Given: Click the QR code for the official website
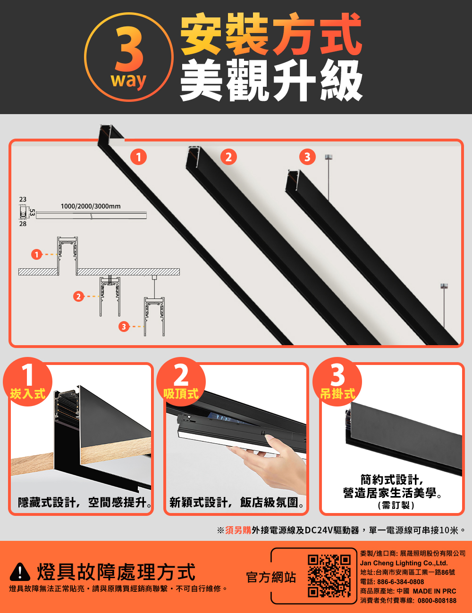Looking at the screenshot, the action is [329, 576].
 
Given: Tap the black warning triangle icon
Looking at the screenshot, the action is [20, 572].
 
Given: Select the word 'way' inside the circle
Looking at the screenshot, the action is [128, 81].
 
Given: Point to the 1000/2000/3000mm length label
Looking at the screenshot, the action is [91, 206].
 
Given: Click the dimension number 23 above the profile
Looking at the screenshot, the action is [23, 199].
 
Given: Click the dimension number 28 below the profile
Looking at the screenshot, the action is [23, 224].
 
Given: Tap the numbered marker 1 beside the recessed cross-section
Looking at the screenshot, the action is [36, 255].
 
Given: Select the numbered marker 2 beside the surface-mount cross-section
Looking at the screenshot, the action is [78, 297].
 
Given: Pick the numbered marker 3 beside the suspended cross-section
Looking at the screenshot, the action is [124, 327].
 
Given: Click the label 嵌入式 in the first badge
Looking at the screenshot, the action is [28, 394].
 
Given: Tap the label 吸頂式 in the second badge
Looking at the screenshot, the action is [181, 394].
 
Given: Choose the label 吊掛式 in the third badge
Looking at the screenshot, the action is [337, 394].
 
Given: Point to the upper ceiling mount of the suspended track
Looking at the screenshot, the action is [329, 157].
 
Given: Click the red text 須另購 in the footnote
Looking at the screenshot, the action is [238, 530].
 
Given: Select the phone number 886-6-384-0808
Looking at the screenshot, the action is [401, 582].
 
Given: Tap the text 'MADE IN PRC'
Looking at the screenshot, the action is [434, 591].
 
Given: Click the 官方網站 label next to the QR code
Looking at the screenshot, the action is [271, 578].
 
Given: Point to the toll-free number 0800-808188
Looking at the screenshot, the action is [437, 600].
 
